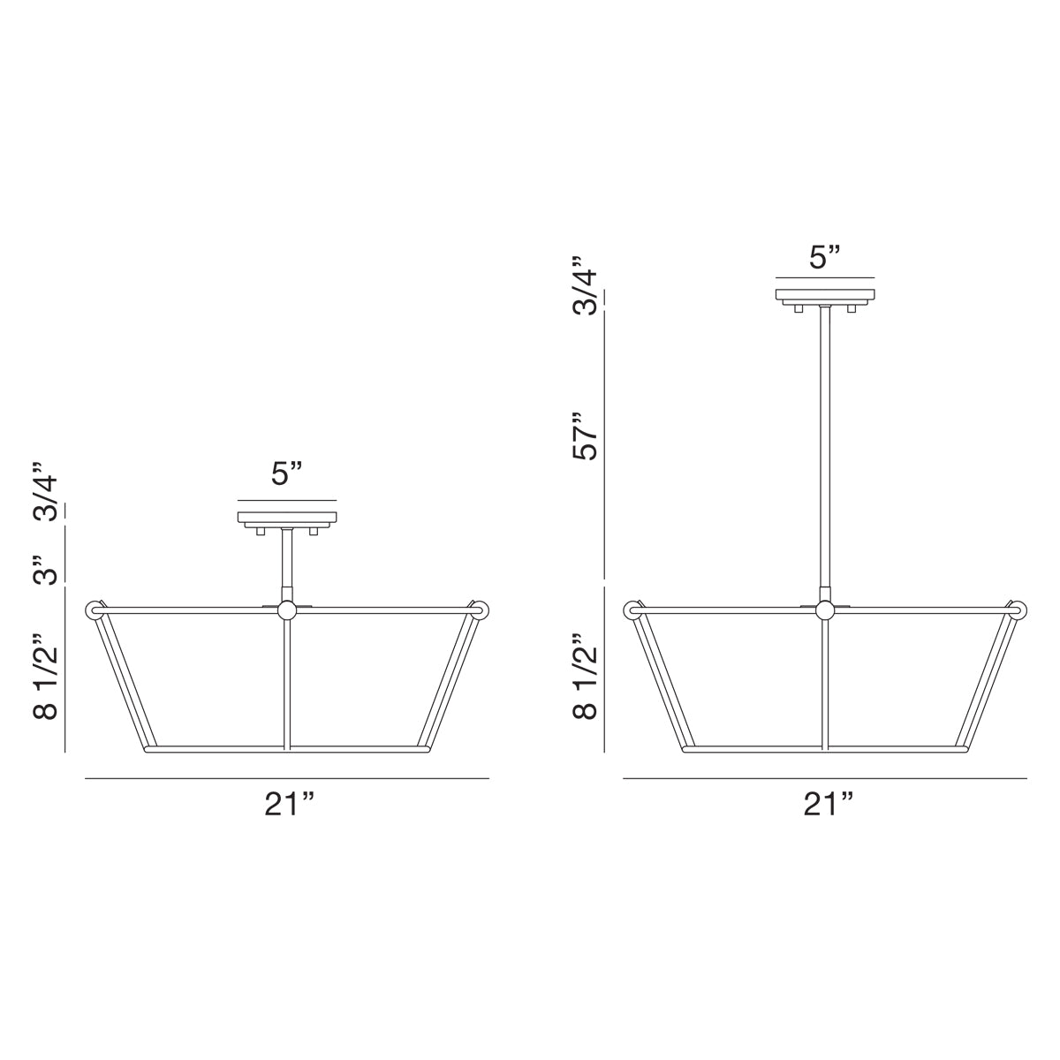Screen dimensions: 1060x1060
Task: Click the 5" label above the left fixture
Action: [x=286, y=473]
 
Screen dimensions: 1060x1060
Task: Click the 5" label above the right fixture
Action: [x=824, y=257]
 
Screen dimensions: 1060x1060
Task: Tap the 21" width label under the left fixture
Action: [x=289, y=805]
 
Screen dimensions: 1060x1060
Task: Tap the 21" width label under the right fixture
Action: [x=828, y=805]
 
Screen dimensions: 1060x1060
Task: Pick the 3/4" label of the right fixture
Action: [x=585, y=284]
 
